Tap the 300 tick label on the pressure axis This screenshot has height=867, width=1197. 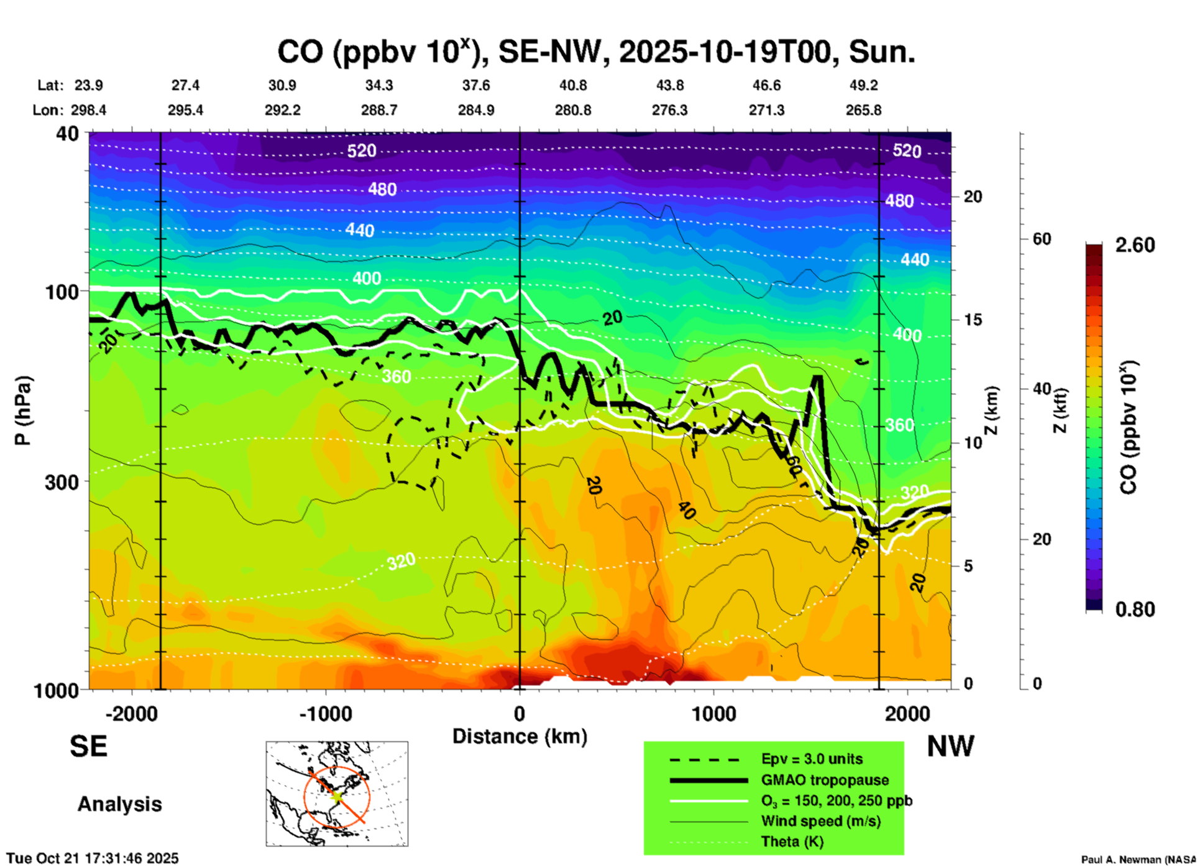click(62, 482)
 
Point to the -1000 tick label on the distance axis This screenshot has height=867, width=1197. click(326, 714)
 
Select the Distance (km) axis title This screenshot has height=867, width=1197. click(520, 736)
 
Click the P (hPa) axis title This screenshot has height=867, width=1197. click(23, 410)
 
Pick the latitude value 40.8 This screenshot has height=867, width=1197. click(572, 86)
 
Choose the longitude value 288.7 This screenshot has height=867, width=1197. click(379, 111)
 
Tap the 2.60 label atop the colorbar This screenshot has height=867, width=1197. click(1135, 245)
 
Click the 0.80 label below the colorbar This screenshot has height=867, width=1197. click(1135, 610)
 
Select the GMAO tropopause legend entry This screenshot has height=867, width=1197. click(825, 780)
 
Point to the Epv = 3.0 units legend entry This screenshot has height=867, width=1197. click(812, 759)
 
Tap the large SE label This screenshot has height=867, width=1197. click(88, 746)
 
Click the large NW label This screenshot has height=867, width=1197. click(950, 746)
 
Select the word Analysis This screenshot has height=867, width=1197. click(119, 804)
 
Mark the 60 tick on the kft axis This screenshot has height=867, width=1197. click(1042, 239)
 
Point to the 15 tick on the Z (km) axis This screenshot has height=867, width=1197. click(972, 320)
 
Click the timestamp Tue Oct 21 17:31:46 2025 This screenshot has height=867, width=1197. click(93, 858)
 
